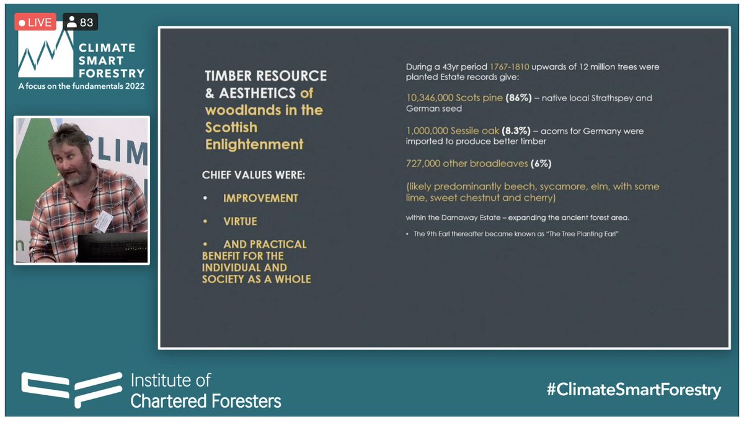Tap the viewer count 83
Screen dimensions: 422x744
click(x=81, y=23)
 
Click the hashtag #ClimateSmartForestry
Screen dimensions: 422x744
click(x=634, y=390)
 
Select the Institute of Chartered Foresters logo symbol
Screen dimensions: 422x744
click(x=71, y=390)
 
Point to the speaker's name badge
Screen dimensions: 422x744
click(x=103, y=219)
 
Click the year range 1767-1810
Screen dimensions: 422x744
click(x=510, y=66)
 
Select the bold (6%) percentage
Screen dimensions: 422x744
click(x=541, y=164)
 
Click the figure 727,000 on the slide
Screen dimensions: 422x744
click(x=423, y=164)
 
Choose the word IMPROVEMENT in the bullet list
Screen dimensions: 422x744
click(x=260, y=198)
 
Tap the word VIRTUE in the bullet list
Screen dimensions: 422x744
click(x=240, y=222)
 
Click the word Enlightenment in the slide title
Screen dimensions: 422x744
click(x=254, y=145)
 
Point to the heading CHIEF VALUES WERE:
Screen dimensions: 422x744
click(x=254, y=175)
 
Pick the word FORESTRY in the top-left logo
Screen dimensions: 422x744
click(x=112, y=73)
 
